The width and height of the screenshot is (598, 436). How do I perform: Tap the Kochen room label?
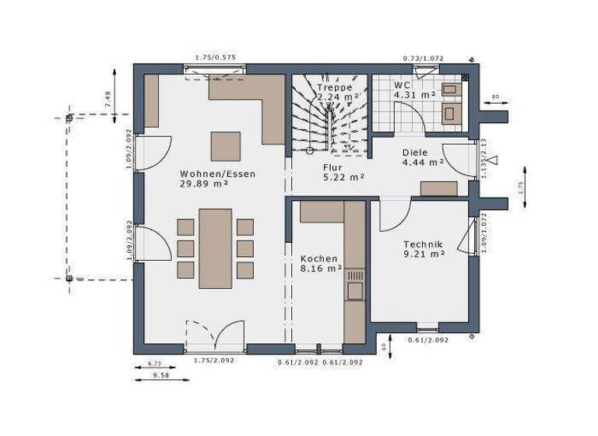coord(319,258)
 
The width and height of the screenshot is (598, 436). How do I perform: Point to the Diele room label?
coord(416,153)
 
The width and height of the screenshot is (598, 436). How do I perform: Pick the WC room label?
coord(402,85)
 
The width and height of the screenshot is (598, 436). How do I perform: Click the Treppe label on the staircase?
coord(336,88)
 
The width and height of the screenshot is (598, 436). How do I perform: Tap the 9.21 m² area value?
coord(424,254)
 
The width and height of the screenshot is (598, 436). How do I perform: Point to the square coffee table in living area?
coord(226,146)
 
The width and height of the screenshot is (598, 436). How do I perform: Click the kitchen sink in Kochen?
coord(355,289)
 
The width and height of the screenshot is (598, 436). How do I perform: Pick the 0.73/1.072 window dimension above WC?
coord(423,58)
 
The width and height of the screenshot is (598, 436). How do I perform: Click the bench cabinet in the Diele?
coord(439,188)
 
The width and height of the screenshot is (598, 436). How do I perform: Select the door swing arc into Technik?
coord(396,218)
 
